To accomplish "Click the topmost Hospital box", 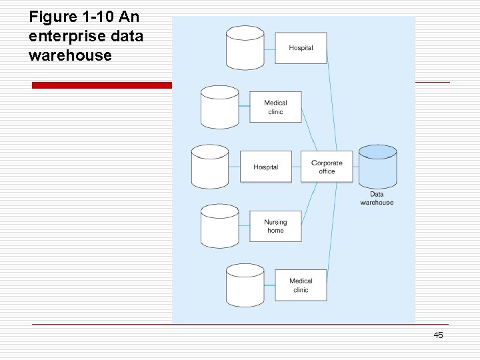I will (301, 48).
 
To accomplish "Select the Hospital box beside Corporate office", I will (265, 167).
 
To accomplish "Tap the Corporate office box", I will (327, 167).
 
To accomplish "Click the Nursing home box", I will (275, 227).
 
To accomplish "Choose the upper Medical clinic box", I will (275, 107).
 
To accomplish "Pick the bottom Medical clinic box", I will (301, 285).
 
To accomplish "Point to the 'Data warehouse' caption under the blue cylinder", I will (377, 199).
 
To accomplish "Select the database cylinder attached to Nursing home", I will (220, 227).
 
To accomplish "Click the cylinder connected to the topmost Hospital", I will (245, 48).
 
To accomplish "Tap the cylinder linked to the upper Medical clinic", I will (220, 107).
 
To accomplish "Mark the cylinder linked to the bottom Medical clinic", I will (245, 285).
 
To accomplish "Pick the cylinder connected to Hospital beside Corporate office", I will (210, 167).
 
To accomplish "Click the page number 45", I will (438, 335).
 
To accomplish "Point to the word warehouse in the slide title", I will (70, 55).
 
